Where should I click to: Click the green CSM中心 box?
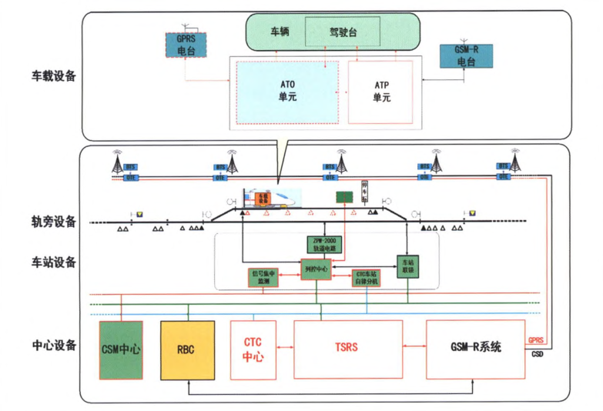coord(120,349)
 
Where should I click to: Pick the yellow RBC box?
coord(185,349)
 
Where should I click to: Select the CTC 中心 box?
coord(253,349)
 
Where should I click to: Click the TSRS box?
coord(348,348)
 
